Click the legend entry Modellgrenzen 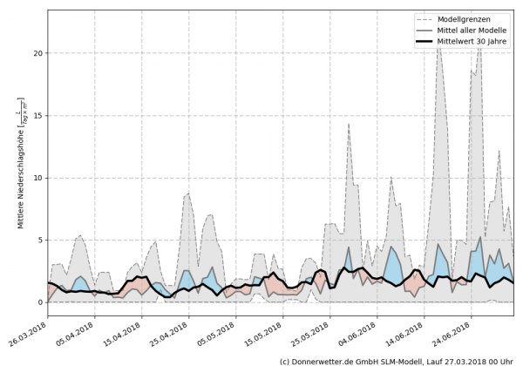[x=472, y=18]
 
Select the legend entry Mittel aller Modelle [x=477, y=31]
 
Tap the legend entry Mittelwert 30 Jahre [x=477, y=44]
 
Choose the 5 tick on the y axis [x=39, y=241]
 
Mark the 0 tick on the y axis [x=39, y=302]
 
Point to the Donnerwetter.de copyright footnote [x=396, y=360]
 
